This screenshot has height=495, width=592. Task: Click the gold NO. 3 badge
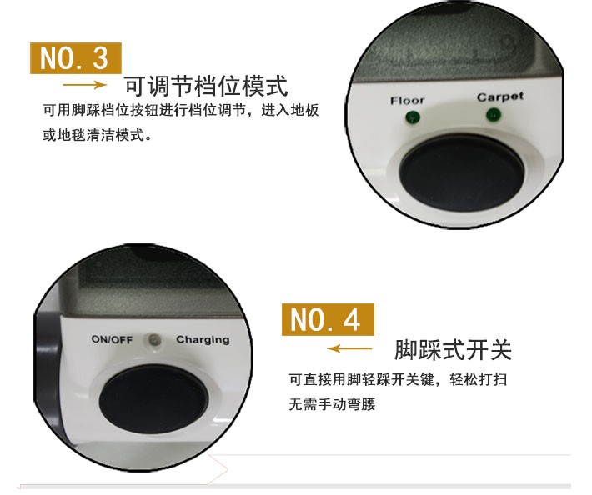76,58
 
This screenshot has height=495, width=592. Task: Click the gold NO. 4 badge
328,319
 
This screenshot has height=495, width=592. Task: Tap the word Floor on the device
408,101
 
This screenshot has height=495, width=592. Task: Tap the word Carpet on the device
500,97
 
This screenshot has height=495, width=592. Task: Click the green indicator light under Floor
412,117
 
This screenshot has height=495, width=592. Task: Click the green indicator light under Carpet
493,114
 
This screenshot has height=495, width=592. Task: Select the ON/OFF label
112,339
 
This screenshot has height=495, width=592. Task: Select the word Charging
203,340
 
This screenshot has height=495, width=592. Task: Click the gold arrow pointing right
84,85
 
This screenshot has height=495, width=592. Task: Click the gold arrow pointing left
349,348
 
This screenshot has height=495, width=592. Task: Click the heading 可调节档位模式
206,87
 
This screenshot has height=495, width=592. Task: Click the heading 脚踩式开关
453,350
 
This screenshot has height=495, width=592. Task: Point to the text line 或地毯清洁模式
97,135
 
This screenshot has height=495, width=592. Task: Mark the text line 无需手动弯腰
332,404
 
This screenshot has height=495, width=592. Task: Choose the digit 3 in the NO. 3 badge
100,58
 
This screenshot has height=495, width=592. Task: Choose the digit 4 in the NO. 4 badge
352,320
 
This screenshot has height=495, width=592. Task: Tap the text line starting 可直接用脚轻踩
398,379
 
